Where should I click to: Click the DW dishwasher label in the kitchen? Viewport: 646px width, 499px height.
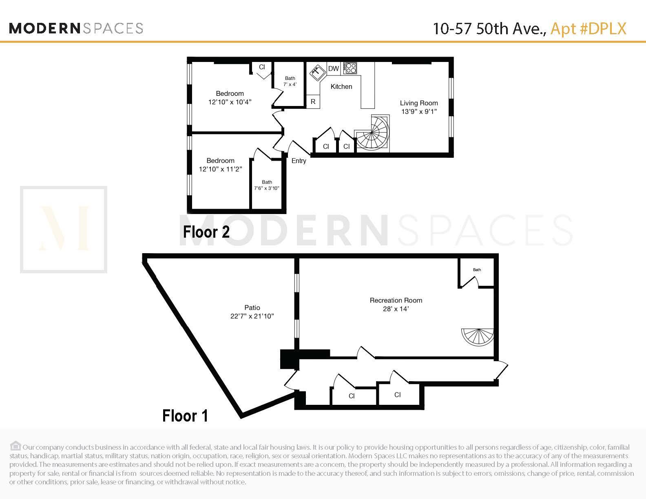coord(333,68)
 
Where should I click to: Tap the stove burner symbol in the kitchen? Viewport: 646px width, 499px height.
coord(350,68)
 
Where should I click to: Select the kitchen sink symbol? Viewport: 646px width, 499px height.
coord(316,73)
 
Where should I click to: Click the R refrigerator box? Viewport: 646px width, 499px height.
coord(313,102)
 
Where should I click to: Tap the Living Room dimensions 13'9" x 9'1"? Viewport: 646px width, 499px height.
coord(419,111)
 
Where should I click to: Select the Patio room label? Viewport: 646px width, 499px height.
coord(252,307)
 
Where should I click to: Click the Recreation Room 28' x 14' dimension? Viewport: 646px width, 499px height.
coord(396,309)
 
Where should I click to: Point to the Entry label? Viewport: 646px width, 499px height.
coord(299,161)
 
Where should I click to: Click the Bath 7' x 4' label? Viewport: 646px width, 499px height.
coord(290,81)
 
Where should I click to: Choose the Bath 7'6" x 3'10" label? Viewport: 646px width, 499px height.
coord(267,185)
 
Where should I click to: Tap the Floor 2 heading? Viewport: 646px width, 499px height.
coord(206,232)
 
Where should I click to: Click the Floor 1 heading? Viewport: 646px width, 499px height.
coord(185,416)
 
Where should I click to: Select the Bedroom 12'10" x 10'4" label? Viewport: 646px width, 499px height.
coord(230,98)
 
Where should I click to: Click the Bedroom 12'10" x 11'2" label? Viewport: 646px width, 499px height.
coord(220,165)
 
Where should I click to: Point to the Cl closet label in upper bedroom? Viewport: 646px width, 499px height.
coord(262,67)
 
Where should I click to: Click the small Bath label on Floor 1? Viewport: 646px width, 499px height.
coord(477,269)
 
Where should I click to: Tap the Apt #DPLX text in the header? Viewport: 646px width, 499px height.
coord(588,29)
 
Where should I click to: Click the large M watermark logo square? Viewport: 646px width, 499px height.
coord(64,230)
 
